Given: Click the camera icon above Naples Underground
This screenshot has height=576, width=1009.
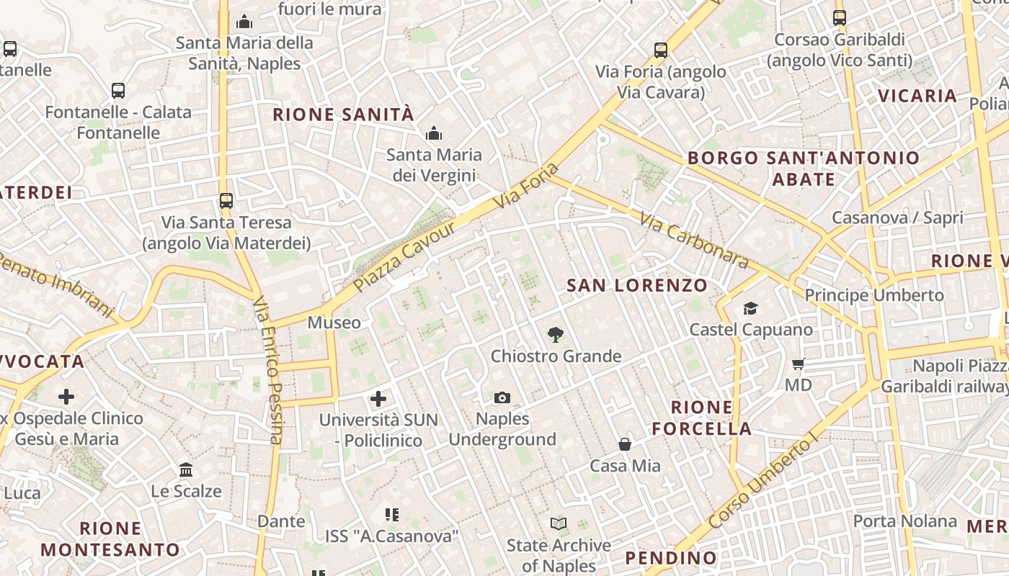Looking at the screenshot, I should [502, 397].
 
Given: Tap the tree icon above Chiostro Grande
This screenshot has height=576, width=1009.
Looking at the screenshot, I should [555, 335].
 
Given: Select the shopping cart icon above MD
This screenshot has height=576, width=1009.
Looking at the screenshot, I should [798, 364].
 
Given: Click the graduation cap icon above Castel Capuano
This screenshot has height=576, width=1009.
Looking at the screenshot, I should [750, 308].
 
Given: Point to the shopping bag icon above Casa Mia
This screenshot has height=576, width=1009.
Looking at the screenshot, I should [625, 444].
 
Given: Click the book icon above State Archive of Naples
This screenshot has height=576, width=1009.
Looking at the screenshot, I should [559, 523].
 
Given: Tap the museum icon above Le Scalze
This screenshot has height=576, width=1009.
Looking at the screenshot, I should [186, 469].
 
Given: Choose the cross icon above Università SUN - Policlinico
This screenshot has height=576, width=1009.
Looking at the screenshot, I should [378, 398].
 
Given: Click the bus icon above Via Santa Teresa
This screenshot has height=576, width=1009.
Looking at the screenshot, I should [226, 201].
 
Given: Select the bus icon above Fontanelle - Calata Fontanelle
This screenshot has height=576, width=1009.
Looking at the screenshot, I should [118, 91].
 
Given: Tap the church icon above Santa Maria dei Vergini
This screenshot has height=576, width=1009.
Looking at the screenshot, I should [433, 133].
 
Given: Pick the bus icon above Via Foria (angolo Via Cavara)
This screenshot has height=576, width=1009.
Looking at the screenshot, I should [661, 50].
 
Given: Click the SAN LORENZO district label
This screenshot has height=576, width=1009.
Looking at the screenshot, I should [637, 285].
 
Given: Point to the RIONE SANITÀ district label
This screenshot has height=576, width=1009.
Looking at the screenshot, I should [343, 114].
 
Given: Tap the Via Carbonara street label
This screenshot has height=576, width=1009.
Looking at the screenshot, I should [693, 240].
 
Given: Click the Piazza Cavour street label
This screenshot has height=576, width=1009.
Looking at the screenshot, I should [405, 258].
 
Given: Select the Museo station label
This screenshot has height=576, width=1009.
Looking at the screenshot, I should [334, 323].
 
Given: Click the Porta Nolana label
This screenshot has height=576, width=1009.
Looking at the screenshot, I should [905, 521].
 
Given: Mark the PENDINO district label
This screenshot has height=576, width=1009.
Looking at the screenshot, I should [671, 557].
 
